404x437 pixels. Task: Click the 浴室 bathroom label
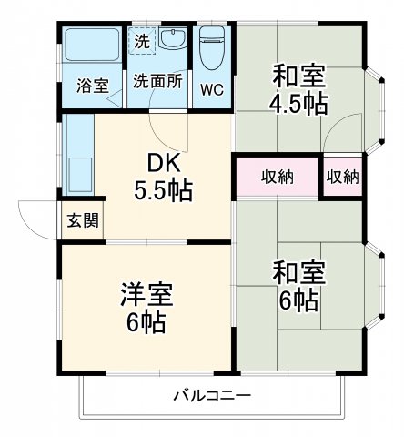coord(92,86)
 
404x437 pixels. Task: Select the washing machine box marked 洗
coord(142,41)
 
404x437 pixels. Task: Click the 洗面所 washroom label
coord(158,80)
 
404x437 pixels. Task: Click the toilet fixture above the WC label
coord(212,49)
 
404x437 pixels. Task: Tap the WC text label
coord(211,90)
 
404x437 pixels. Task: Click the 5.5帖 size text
coord(165,192)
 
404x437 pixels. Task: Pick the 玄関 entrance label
coord(77,220)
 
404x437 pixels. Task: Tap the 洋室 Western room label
coord(146,294)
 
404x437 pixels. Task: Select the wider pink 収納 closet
coord(277,177)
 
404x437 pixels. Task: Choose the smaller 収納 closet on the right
coord(342,177)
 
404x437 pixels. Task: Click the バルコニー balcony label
coord(212,396)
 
